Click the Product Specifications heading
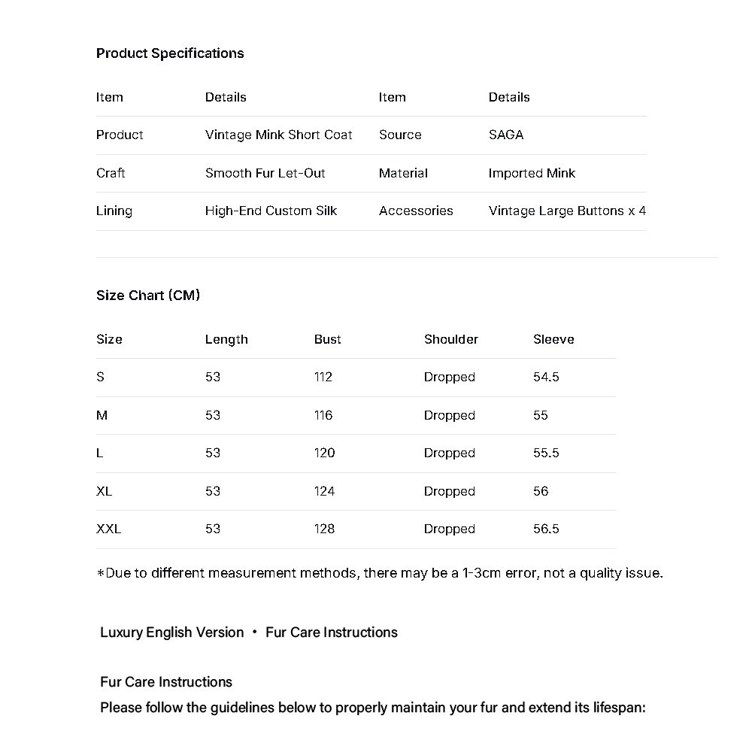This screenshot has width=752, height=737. (x=170, y=53)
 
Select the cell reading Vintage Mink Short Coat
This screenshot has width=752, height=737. (x=278, y=135)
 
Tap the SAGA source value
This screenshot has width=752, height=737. (x=505, y=135)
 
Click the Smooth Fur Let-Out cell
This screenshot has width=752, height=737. (x=265, y=173)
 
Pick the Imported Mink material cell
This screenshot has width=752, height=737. (x=531, y=173)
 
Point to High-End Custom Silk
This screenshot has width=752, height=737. (x=271, y=211)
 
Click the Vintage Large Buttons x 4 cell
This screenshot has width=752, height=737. (x=567, y=211)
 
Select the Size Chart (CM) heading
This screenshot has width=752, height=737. (x=148, y=296)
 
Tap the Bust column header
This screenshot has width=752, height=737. (x=327, y=340)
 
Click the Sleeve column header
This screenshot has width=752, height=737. (x=553, y=340)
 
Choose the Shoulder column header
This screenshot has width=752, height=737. (x=450, y=340)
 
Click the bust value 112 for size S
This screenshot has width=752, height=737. (x=323, y=378)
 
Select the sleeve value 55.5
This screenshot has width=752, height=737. (x=546, y=453)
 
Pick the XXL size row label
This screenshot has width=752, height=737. (x=108, y=529)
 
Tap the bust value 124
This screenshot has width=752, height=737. (x=324, y=492)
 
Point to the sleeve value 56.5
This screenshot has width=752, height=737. (x=546, y=529)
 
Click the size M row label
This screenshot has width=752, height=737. (x=102, y=416)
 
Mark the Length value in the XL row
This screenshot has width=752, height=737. (x=213, y=492)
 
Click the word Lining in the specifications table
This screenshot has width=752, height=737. (x=114, y=211)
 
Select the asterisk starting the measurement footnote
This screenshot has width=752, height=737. (x=100, y=574)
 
